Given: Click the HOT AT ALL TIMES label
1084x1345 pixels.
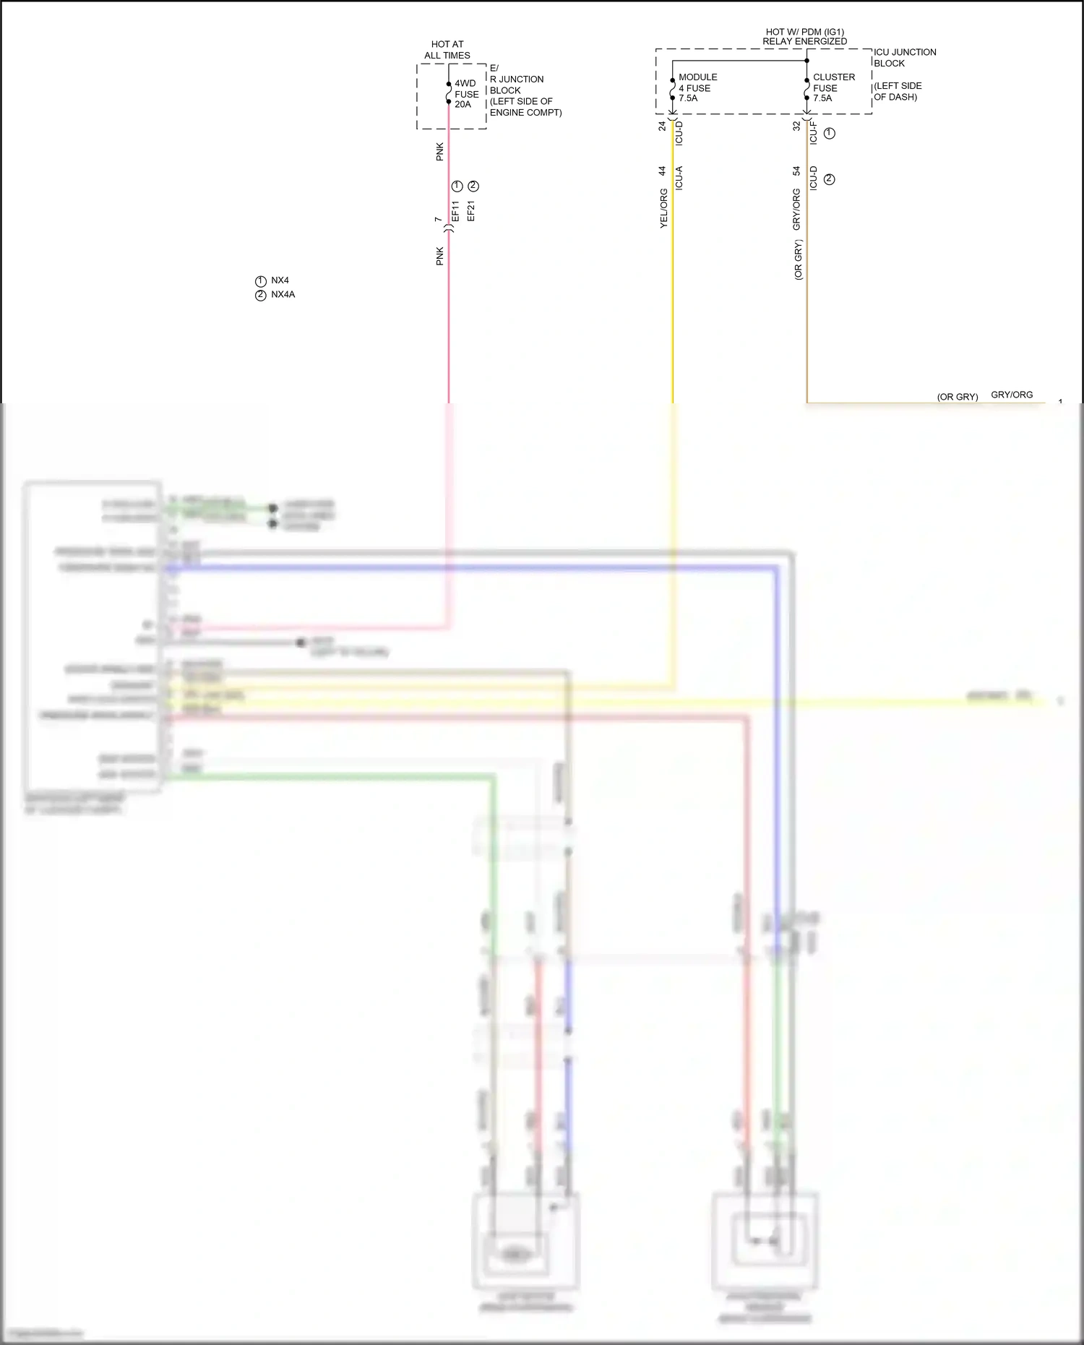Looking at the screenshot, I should (x=447, y=50).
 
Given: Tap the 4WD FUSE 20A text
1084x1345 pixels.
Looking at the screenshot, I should (x=466, y=94).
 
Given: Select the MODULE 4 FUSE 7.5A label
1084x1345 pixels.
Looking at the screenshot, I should (x=697, y=87).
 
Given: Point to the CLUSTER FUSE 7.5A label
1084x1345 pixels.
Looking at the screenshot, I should (x=833, y=87).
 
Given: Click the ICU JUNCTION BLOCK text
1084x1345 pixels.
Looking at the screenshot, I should (x=904, y=58).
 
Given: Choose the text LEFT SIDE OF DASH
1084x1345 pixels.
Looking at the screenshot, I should (x=897, y=91).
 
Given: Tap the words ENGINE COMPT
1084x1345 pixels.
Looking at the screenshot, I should (x=525, y=113).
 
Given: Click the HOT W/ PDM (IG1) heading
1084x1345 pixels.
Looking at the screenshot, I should (x=804, y=32).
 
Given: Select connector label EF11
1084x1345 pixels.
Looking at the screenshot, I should (x=455, y=211).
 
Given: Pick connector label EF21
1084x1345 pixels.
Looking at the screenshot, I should (x=471, y=211).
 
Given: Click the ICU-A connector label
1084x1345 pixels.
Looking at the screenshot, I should (x=679, y=178).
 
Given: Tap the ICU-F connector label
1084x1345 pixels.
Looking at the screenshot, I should (x=814, y=133).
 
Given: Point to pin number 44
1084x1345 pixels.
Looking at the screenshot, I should (x=662, y=171).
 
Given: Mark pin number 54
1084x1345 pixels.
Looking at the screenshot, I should (x=796, y=171).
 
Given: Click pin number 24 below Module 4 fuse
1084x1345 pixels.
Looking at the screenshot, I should (x=662, y=126).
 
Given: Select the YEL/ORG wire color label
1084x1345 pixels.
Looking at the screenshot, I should (x=663, y=209).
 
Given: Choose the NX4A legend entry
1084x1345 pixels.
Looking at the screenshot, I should (x=283, y=295).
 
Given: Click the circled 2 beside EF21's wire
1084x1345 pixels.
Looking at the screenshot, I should (x=473, y=186).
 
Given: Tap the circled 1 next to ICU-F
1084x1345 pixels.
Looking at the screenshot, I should (x=830, y=133).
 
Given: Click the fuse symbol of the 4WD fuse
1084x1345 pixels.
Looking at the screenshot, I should (x=449, y=93).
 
